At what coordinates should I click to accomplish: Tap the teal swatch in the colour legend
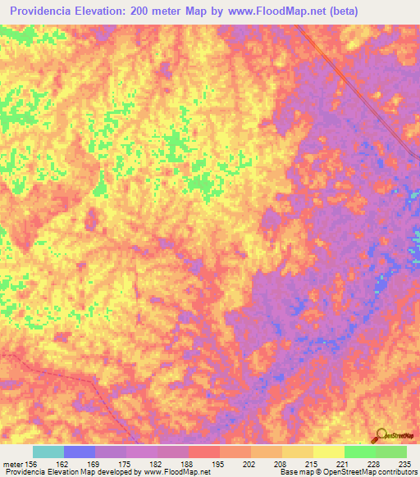(48, 452)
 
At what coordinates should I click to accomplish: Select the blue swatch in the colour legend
(80, 452)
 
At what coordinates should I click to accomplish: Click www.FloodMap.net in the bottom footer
(172, 472)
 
